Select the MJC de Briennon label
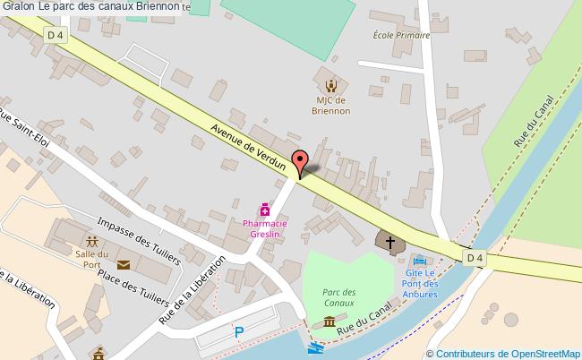point(331,107)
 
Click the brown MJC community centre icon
point(331,85)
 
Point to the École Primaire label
point(401,36)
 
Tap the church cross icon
point(389,240)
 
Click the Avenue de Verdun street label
point(249,143)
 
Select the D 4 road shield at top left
point(56,35)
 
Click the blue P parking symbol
point(238,332)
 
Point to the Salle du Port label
point(92,259)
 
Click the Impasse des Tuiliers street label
point(139,242)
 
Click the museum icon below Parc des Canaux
point(330,322)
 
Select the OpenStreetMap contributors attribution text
point(503,354)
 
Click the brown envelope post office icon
point(123,264)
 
